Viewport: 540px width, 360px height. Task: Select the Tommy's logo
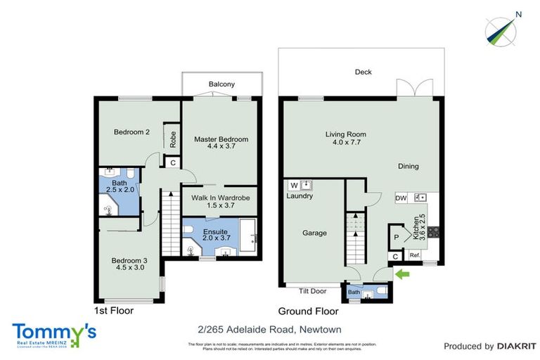[53, 333]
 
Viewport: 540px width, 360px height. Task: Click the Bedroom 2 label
[132, 132]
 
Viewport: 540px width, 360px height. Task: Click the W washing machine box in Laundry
[293, 186]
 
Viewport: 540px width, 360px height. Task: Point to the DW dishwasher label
[401, 198]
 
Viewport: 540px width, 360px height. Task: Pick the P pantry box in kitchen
[396, 238]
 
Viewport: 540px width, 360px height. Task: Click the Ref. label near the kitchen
[415, 255]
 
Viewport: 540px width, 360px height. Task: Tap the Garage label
[314, 233]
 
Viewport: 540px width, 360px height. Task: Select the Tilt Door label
[313, 291]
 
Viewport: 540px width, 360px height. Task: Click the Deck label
[363, 72]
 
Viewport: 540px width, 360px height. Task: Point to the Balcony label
[221, 84]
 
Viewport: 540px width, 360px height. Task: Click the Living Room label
[345, 139]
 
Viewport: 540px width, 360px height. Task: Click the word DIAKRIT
[517, 346]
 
